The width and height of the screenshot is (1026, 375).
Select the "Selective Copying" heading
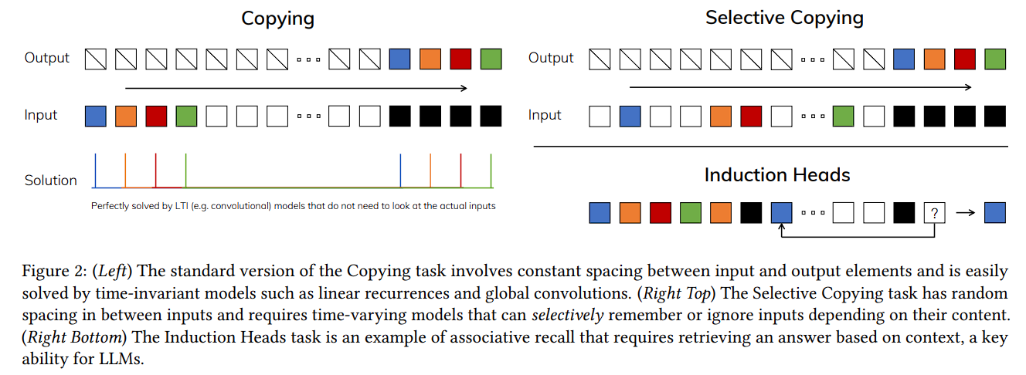tap(784, 18)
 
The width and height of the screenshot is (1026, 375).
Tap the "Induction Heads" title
tap(776, 175)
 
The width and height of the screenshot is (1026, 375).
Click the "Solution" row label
tap(51, 181)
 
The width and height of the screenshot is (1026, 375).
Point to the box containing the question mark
tap(934, 213)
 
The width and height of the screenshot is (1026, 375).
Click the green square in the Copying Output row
tap(491, 59)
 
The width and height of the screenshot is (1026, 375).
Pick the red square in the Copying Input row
tap(156, 117)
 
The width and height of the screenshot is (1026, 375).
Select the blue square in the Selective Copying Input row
tap(630, 117)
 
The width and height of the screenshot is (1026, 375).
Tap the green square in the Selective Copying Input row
tap(844, 117)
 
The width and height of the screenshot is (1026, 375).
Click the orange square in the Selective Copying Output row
tap(934, 59)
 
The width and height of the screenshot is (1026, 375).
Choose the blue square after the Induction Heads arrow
tap(994, 213)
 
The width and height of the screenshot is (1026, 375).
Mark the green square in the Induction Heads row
tap(691, 213)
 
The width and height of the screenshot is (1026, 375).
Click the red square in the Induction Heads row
tap(661, 213)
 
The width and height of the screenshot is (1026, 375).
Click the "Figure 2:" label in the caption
tap(45, 272)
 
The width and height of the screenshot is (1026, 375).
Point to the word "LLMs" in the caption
tap(122, 359)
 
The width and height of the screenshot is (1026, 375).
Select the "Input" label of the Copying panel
tap(41, 116)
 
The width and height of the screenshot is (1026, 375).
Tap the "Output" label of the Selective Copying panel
tap(551, 58)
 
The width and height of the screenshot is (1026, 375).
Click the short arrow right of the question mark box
tap(965, 213)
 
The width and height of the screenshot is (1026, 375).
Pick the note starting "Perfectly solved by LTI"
tap(293, 206)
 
